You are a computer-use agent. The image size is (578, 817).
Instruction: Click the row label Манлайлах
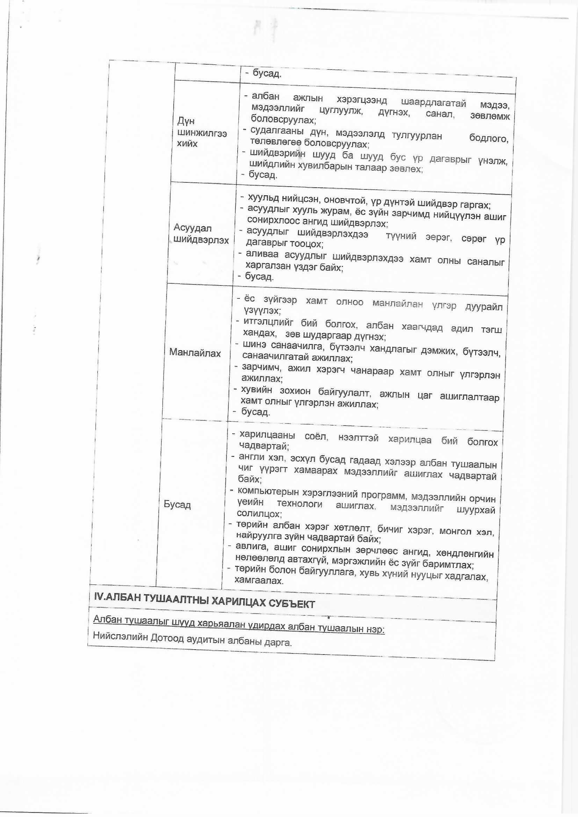195,353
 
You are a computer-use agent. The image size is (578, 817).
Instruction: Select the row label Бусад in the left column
177,505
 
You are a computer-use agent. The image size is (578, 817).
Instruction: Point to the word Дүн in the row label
186,121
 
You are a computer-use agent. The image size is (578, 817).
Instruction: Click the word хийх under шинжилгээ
187,144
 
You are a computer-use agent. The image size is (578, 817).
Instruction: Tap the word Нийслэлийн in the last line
119,636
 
